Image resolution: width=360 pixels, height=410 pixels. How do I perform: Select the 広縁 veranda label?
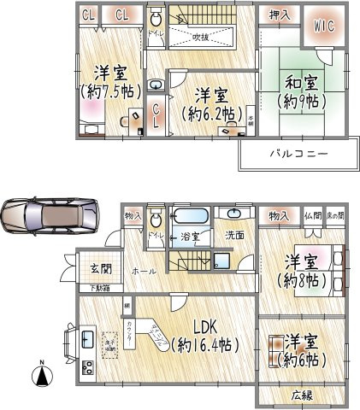300,395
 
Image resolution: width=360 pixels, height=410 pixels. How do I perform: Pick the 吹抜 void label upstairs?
201,37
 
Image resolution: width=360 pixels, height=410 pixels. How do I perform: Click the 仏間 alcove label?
312,217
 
